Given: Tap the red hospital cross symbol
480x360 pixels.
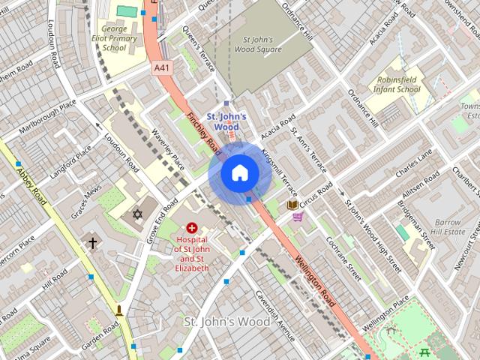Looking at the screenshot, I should pos(192,226).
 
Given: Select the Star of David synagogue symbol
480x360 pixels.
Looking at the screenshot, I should pos(136,215).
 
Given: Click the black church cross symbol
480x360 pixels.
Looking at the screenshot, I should pos(92,243).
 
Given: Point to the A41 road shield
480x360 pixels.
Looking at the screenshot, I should pos(162,67).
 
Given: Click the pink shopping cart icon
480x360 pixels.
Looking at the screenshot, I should pos(298,217).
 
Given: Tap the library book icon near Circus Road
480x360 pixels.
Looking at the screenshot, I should pos(292,204).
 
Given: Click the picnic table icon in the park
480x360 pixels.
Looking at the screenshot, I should pos(425,352).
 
